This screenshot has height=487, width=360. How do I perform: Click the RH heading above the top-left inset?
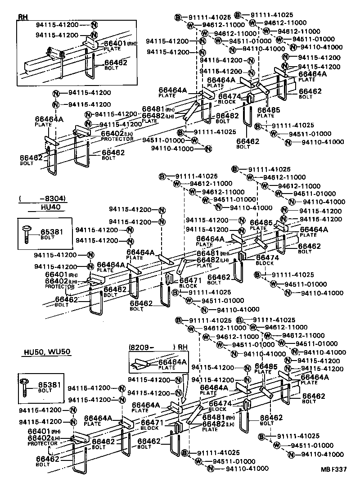[x=22, y=17]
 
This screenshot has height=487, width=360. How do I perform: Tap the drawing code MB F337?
[x=333, y=469]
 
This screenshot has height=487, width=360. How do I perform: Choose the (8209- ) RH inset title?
[x=158, y=347]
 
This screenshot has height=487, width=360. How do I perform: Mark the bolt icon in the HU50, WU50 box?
[x=25, y=388]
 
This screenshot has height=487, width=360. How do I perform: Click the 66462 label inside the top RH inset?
[x=116, y=63]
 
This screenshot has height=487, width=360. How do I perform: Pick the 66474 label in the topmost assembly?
[x=230, y=96]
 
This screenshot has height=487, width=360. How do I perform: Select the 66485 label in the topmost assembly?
[x=269, y=110]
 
